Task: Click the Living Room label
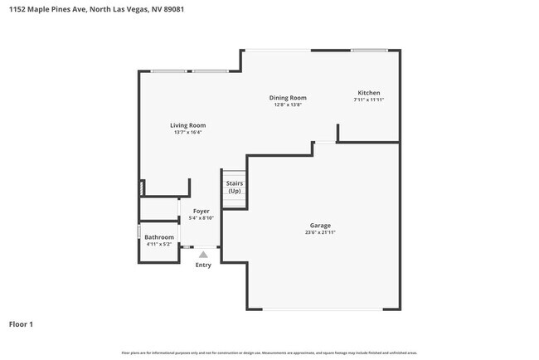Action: (187, 125)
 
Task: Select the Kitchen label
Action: (368, 92)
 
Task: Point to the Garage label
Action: (320, 225)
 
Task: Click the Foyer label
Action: (202, 211)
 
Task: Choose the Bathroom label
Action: (159, 237)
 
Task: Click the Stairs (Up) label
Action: (235, 187)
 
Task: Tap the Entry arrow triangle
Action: (203, 255)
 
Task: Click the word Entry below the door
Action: (203, 265)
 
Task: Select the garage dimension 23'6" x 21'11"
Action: (320, 232)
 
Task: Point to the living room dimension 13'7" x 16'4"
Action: (187, 133)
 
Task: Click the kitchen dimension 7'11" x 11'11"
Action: (368, 100)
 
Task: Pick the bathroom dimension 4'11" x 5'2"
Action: (159, 245)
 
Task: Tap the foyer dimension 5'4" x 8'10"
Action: (202, 218)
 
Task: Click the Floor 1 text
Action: (22, 324)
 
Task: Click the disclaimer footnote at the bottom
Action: (269, 353)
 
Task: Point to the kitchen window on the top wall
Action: (368, 51)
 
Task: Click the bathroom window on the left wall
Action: (138, 232)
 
